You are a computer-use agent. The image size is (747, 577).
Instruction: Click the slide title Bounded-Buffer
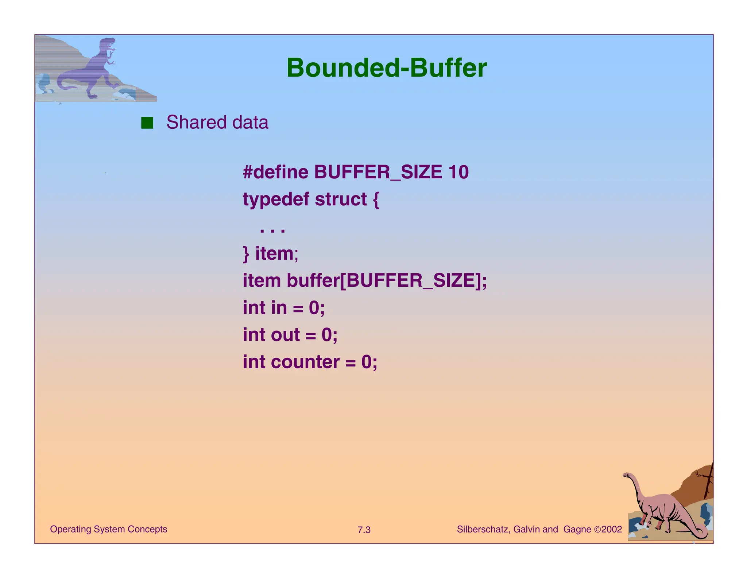click(386, 68)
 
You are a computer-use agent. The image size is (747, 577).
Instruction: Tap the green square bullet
click(147, 123)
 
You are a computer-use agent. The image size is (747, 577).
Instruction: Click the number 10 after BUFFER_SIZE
click(458, 172)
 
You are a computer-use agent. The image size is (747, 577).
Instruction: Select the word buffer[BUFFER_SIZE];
click(387, 281)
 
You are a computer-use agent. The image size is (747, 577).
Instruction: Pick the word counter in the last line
click(305, 362)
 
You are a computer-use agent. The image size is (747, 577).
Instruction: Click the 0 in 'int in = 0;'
click(314, 308)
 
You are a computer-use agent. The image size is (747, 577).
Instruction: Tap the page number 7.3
click(364, 530)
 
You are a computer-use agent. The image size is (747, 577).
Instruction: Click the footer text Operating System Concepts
click(108, 529)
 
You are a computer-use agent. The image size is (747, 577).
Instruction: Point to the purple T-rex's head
click(108, 44)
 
